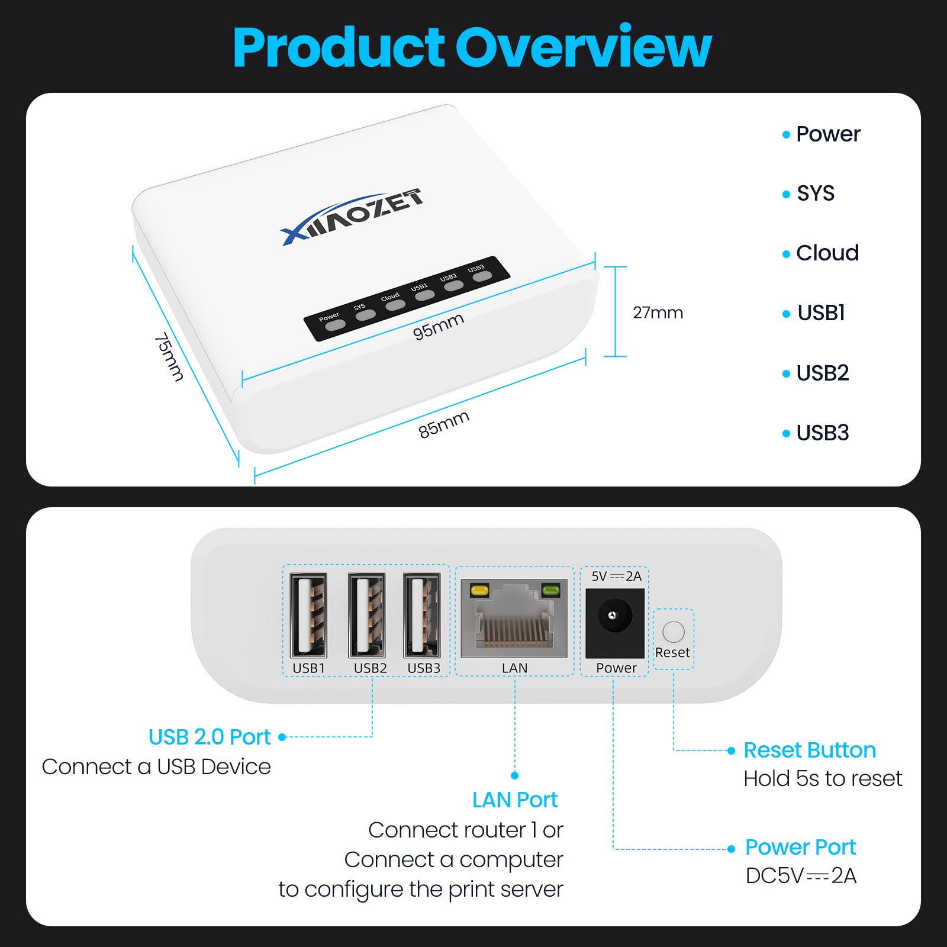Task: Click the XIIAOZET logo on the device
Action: (x=352, y=217)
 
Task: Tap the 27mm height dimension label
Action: (x=658, y=312)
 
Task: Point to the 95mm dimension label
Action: (x=438, y=326)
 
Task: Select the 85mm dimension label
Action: (x=444, y=424)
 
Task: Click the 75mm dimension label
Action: (x=169, y=356)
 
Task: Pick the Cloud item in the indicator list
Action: (x=827, y=253)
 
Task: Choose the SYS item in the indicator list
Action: (x=815, y=194)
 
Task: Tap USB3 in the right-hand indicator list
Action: (x=822, y=433)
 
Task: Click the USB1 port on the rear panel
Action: (x=308, y=616)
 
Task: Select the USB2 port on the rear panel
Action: (x=367, y=616)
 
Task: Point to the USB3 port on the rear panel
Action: (x=422, y=616)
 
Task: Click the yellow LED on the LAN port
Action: (x=478, y=590)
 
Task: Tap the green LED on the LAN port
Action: (x=550, y=590)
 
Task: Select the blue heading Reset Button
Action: (x=810, y=750)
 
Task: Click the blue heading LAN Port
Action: (x=515, y=800)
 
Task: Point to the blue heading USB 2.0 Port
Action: (x=210, y=737)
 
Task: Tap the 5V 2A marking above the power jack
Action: (x=616, y=576)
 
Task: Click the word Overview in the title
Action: (x=582, y=47)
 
